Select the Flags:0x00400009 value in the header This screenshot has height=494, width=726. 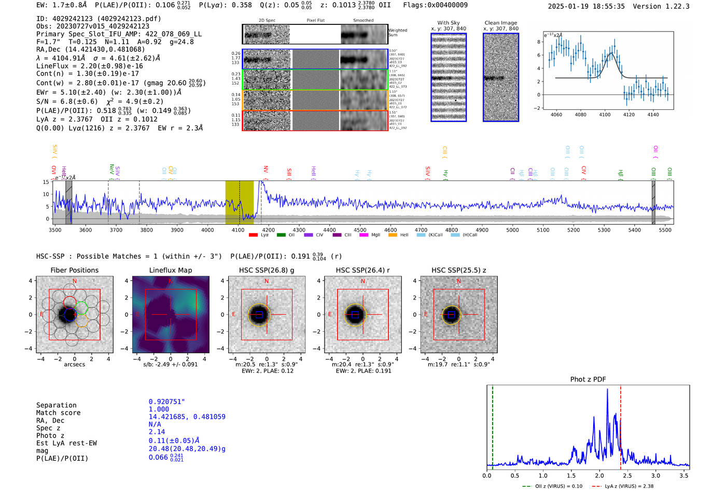click(435, 5)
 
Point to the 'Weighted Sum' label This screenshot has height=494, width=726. click(397, 33)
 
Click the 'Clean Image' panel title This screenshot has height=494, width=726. click(500, 23)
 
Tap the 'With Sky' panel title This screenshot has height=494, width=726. click(448, 23)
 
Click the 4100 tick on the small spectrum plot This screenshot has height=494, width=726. click(605, 114)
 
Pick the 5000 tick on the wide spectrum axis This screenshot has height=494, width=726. click(512, 230)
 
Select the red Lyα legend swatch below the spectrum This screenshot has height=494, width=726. click(253, 235)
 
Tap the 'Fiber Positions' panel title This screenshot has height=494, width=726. click(74, 270)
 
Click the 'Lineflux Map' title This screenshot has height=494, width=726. click(170, 270)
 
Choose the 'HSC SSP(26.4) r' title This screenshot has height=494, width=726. click(362, 270)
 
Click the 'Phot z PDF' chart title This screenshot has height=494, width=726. click(588, 379)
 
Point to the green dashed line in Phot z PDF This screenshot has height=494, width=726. click(493, 425)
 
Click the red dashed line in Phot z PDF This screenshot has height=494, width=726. click(620, 425)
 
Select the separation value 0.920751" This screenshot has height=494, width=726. click(167, 402)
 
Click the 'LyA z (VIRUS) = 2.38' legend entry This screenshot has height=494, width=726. click(628, 486)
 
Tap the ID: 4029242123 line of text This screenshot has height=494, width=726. click(99, 19)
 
